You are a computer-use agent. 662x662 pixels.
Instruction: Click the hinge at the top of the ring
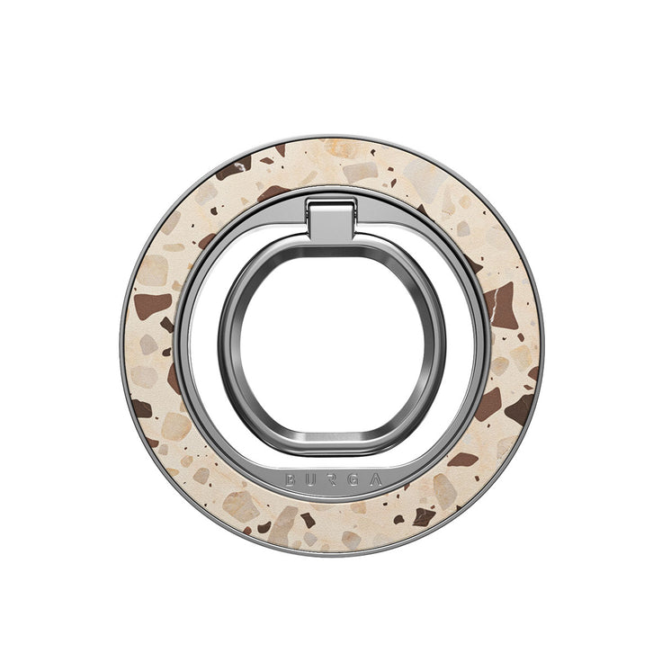click(331, 219)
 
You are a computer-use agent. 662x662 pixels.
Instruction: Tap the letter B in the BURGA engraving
click(291, 480)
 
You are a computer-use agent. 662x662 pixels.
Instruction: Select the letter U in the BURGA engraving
click(310, 481)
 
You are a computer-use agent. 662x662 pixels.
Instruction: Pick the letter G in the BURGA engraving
click(352, 481)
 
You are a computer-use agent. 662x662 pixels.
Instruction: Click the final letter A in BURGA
click(374, 480)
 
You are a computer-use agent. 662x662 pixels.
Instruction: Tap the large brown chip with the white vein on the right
click(500, 305)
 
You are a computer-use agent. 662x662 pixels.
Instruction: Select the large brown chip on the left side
click(152, 305)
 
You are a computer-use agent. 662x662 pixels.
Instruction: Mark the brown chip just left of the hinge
click(273, 192)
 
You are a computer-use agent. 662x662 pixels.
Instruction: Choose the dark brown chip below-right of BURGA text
click(423, 516)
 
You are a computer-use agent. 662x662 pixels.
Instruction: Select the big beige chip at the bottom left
click(241, 506)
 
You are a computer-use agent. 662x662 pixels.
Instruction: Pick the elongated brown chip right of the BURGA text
click(462, 460)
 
